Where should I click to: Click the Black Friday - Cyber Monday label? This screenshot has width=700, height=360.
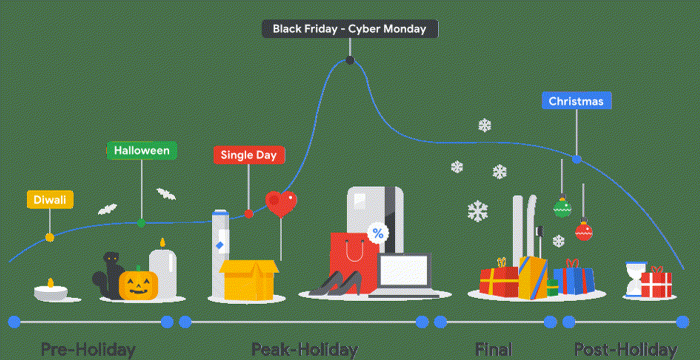click(350, 29)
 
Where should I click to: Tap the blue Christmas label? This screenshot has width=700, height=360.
click(576, 100)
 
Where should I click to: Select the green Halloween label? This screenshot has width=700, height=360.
click(142, 150)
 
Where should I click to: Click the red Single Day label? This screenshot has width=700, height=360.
click(249, 155)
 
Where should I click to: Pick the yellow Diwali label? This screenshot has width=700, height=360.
click(50, 199)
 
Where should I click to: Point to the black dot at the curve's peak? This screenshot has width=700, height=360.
click(350, 60)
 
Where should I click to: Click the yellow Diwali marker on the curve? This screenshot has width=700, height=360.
click(49, 237)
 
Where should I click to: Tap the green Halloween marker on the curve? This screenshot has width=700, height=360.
click(141, 223)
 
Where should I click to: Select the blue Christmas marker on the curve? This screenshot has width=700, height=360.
click(576, 159)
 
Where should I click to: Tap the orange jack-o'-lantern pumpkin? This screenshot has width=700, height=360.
click(138, 284)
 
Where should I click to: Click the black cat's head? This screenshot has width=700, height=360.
click(111, 259)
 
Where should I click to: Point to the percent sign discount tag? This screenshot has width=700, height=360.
click(378, 233)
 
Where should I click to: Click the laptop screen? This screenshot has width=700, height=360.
click(403, 270)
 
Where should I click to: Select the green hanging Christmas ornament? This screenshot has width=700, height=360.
click(562, 208)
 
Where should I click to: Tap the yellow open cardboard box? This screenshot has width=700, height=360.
click(249, 279)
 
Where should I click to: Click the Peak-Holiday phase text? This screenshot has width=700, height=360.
click(304, 349)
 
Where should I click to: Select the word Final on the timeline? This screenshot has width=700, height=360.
click(494, 349)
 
